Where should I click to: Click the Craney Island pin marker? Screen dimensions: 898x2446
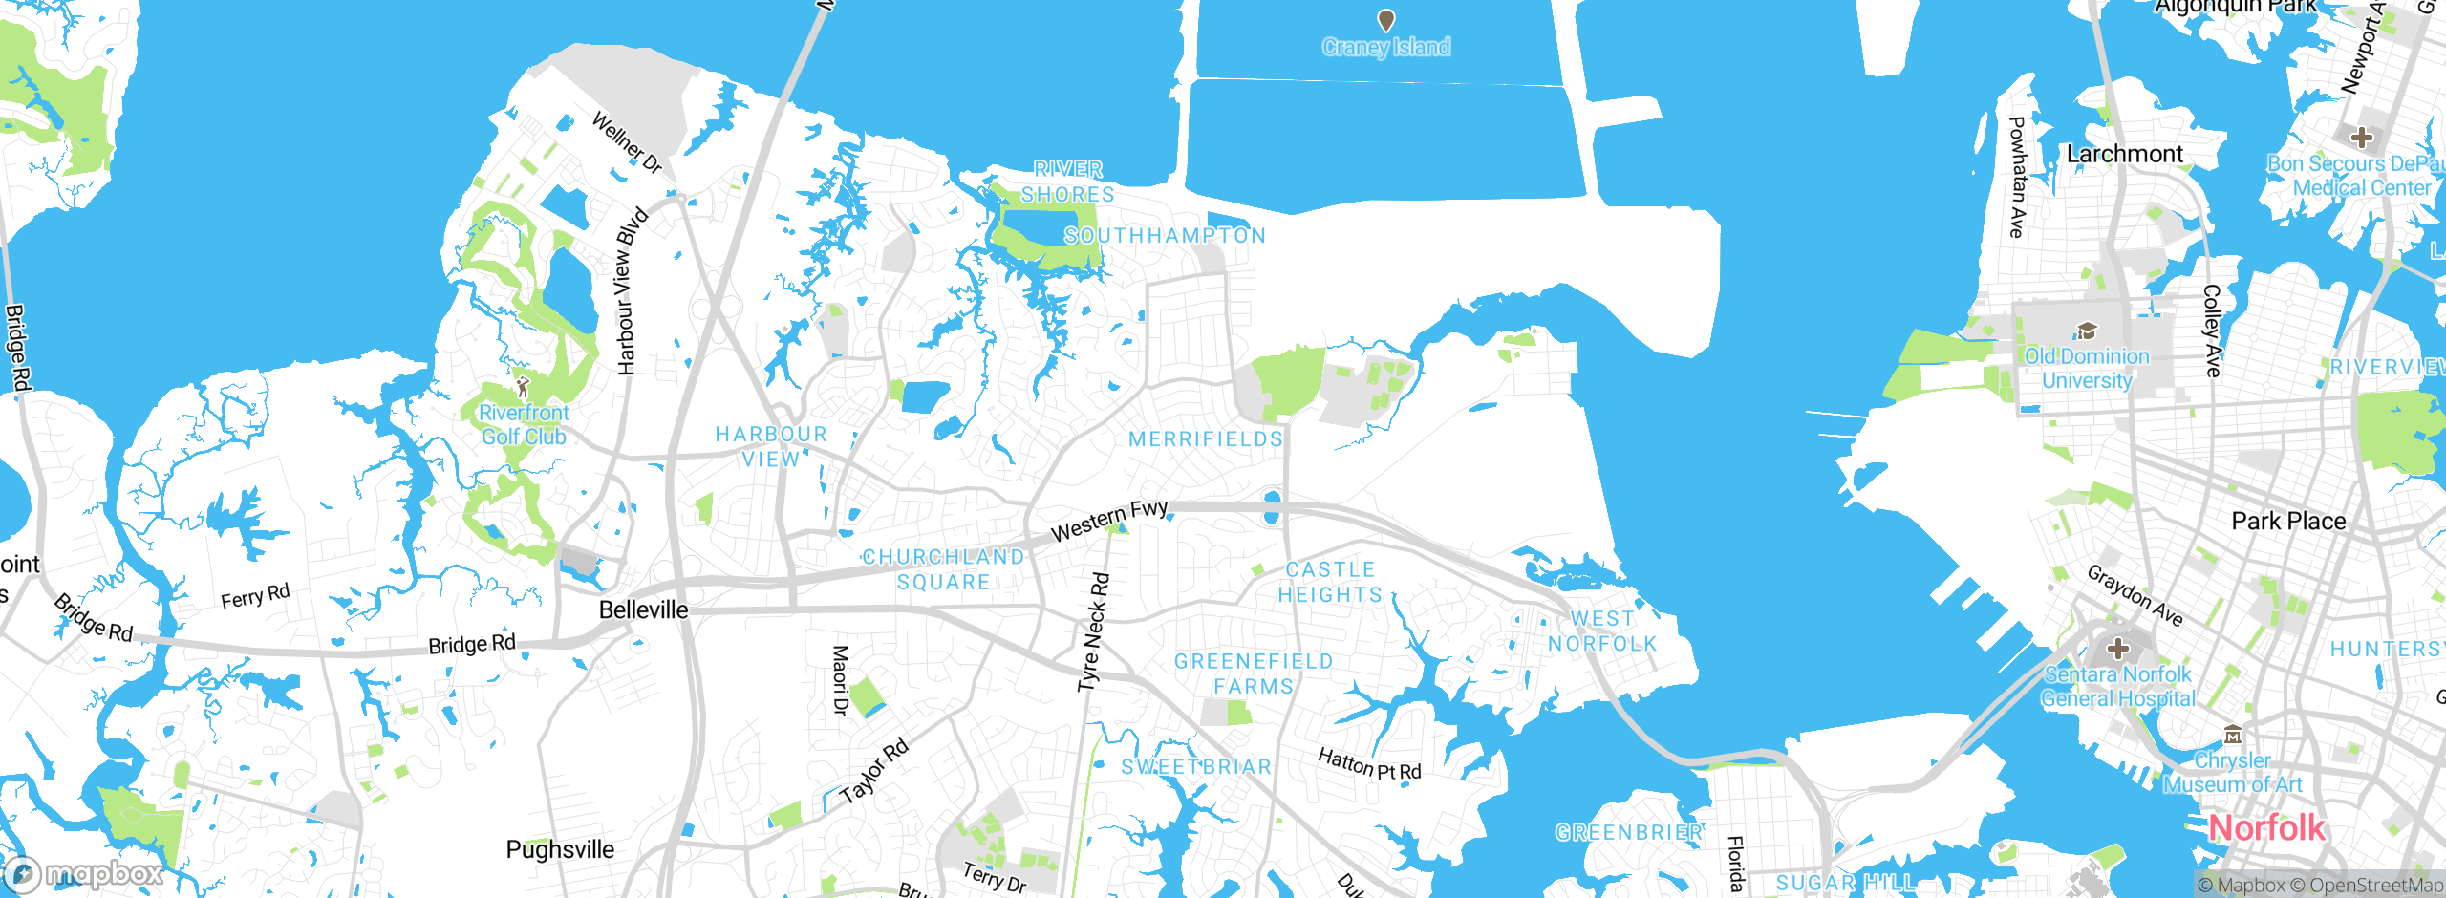[1385, 20]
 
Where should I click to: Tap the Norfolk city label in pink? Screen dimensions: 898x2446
[2266, 827]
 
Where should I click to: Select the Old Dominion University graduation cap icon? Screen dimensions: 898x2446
[2087, 331]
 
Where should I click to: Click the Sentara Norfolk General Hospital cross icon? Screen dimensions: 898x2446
[2117, 649]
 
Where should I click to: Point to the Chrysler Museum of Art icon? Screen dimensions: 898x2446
[2232, 735]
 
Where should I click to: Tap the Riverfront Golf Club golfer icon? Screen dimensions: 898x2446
[522, 387]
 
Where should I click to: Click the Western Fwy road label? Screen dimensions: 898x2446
[1108, 520]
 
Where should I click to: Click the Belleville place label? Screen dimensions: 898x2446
[643, 609]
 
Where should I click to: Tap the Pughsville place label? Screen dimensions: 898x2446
[560, 849]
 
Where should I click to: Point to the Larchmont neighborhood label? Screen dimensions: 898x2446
[2125, 154]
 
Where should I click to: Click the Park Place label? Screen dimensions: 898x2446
[2288, 521]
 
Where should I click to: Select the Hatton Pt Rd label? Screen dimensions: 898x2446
[1368, 763]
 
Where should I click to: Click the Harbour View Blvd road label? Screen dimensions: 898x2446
[632, 291]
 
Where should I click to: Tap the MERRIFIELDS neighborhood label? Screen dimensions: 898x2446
[1205, 438]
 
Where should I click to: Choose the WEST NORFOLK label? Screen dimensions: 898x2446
[1602, 631]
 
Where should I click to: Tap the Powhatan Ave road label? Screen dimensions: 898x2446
[2016, 177]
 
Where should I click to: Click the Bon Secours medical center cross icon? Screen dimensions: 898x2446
[2362, 137]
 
